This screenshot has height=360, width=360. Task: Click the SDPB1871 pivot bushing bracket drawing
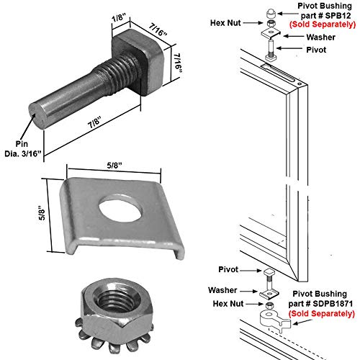pyautogui.click(x=271, y=318)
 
